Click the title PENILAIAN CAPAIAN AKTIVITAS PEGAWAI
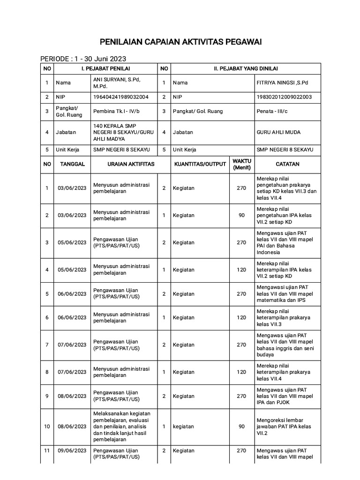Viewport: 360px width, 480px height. [180, 43]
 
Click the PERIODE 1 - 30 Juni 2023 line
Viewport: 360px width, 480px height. [83, 59]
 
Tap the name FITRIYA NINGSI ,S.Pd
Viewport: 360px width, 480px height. [282, 82]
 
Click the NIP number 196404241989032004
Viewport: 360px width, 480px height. [121, 97]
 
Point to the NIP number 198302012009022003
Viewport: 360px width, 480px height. [284, 97]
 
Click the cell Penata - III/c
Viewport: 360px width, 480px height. [272, 112]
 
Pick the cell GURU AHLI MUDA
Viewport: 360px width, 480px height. [278, 132]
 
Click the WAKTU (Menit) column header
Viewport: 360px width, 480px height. [241, 165]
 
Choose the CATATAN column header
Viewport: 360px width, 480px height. [287, 165]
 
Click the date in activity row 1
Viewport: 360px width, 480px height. [72, 188]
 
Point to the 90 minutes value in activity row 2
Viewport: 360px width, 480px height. [241, 215]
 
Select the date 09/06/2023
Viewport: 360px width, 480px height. [72, 450]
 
